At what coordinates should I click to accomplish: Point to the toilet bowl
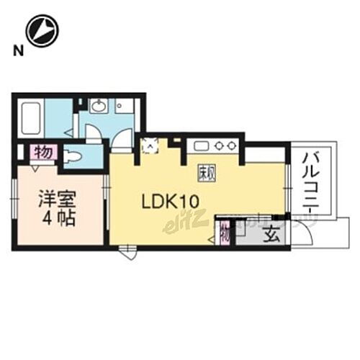(x=74, y=156)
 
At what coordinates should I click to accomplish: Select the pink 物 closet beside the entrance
(x=225, y=233)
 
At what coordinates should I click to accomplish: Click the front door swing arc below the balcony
(x=305, y=234)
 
